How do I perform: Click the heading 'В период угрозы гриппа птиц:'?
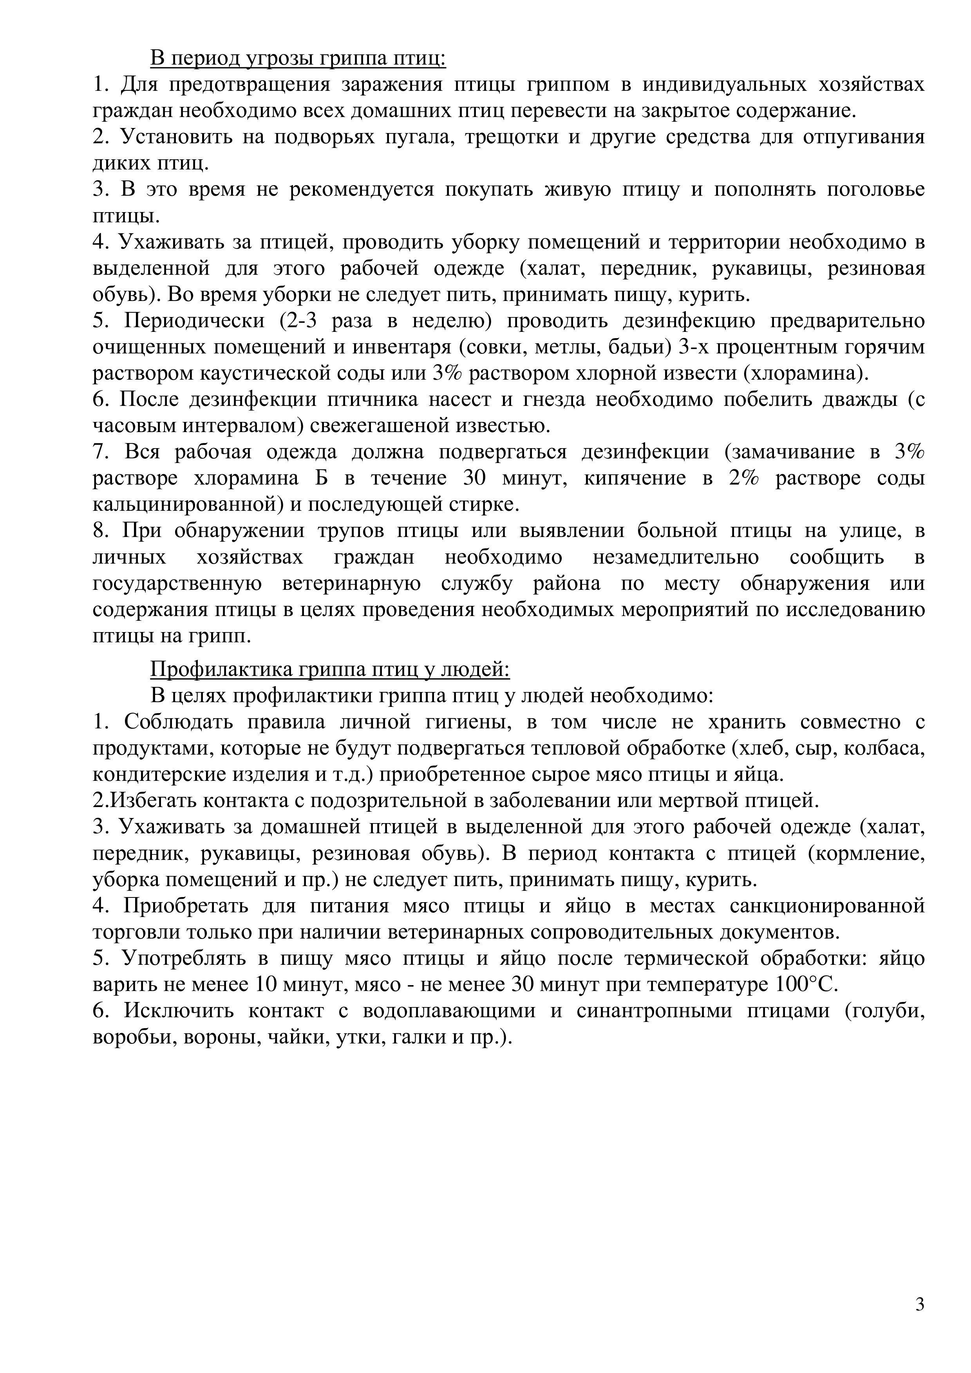(298, 59)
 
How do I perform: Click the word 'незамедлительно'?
(676, 557)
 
